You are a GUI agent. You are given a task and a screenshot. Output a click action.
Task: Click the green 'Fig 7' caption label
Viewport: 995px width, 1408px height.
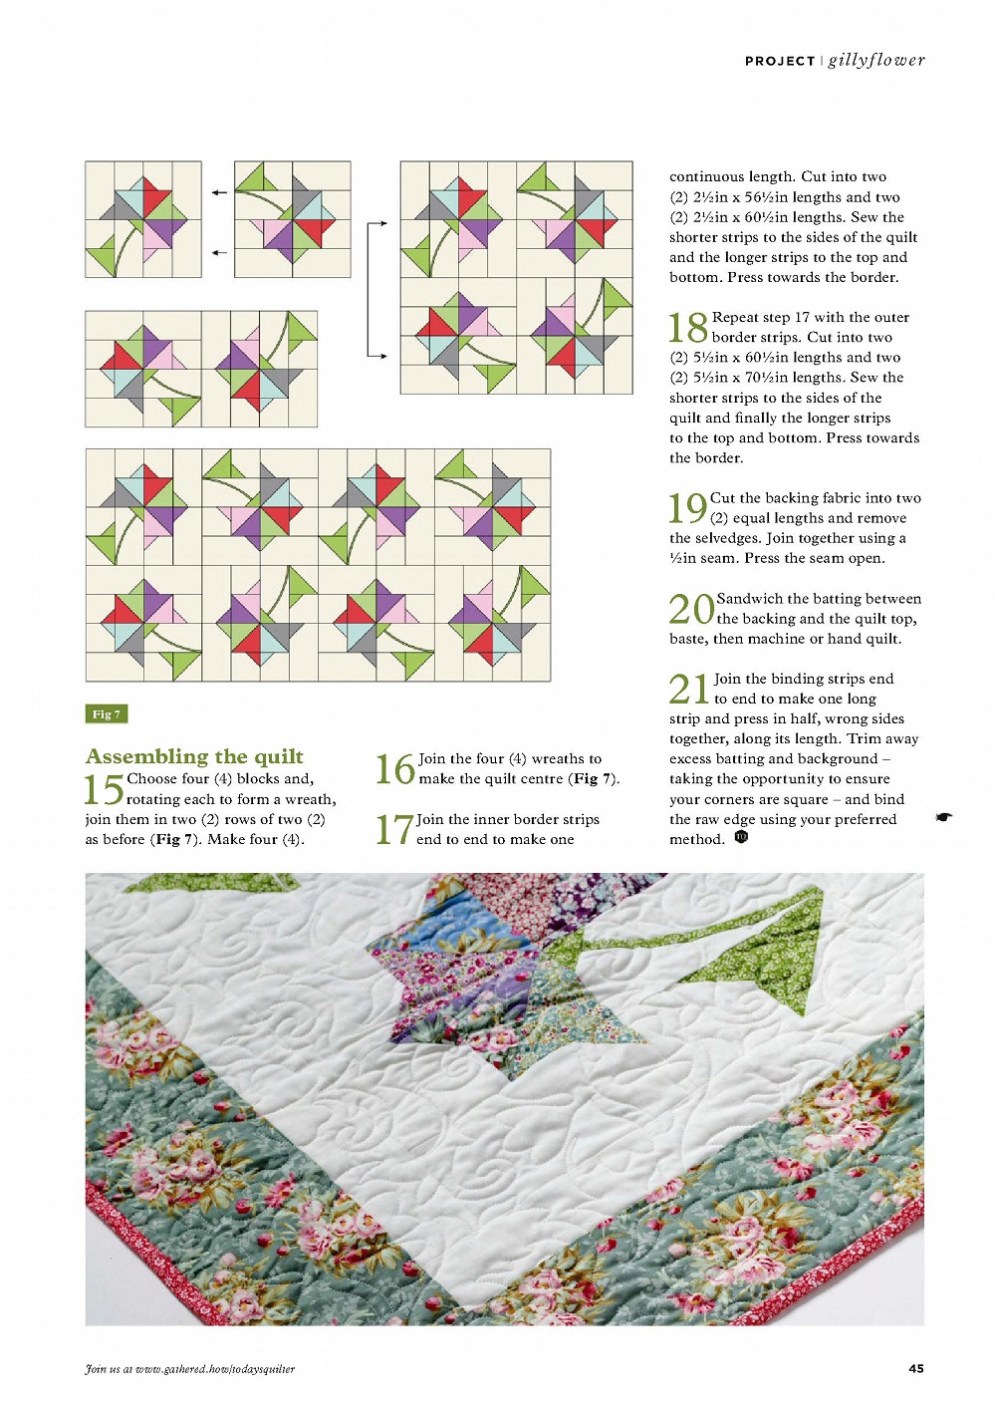tap(107, 714)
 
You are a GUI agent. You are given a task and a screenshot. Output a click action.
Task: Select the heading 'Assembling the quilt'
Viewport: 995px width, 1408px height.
tap(194, 756)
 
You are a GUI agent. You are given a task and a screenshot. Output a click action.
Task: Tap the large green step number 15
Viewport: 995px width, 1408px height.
tap(105, 789)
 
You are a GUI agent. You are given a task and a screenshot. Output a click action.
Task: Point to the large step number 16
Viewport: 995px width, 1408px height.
tap(395, 769)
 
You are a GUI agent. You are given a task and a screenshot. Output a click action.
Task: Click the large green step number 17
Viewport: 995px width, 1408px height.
tap(394, 829)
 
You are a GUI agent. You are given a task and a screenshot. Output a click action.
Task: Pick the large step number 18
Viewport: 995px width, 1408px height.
tap(688, 328)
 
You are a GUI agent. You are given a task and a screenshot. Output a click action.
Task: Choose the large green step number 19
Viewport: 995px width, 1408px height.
tap(688, 508)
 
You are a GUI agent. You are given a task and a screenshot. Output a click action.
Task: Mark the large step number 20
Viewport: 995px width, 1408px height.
tap(691, 609)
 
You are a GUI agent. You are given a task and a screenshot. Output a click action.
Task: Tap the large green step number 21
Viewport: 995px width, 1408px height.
tap(689, 689)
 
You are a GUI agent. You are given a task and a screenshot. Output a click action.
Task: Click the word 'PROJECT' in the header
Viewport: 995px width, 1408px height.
tap(780, 61)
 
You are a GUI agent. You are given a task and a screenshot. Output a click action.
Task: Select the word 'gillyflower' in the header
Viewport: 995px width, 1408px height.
tap(876, 61)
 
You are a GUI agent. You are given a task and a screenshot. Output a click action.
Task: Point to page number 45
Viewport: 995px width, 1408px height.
tap(916, 1368)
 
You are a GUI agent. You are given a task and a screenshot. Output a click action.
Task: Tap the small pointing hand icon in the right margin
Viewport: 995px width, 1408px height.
tap(944, 816)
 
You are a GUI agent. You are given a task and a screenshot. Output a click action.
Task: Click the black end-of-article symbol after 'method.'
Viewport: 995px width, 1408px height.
tap(741, 837)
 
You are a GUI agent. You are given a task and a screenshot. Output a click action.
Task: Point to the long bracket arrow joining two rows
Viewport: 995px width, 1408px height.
tap(370, 289)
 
